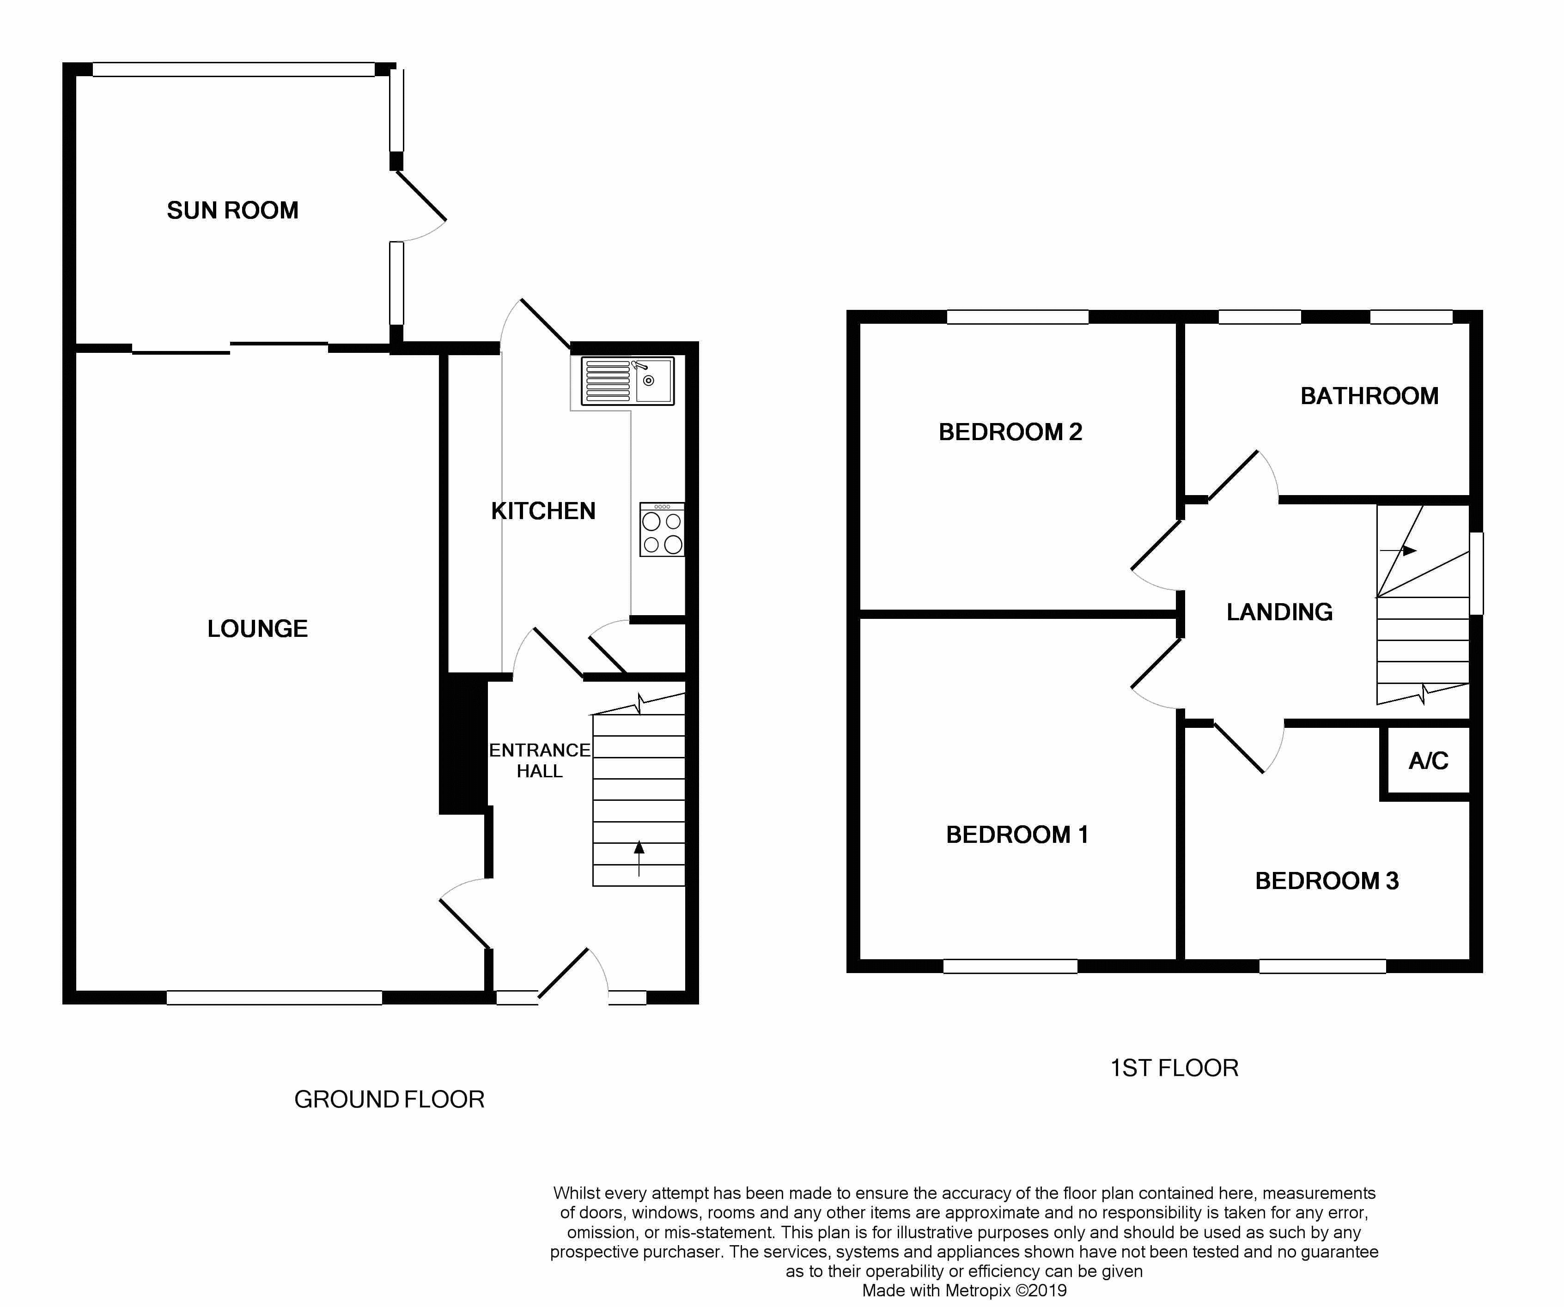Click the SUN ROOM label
[x=232, y=211]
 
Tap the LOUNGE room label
[x=258, y=629]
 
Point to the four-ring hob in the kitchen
[x=661, y=529]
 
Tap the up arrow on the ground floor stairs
[x=639, y=858]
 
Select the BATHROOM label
[x=1369, y=396]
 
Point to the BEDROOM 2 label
[x=1010, y=432]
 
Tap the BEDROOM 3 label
[x=1327, y=881]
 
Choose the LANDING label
[x=1279, y=612]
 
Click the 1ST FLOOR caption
[x=1175, y=1068]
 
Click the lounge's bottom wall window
[x=274, y=998]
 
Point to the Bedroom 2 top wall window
[x=1017, y=317]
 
